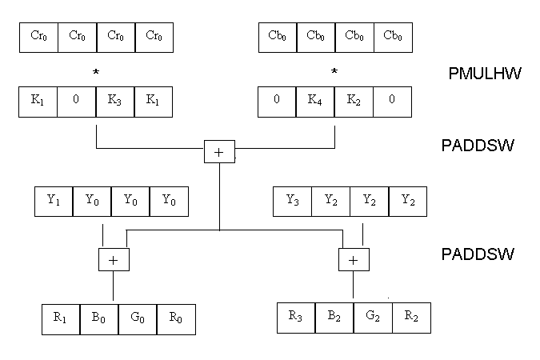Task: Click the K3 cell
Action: point(114,102)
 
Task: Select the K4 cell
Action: point(315,102)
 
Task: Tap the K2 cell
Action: point(354,102)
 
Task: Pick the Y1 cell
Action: point(54,202)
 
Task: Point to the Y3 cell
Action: point(293,202)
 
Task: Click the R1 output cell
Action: point(60,318)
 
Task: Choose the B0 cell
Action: point(98,318)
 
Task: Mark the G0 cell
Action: point(137,318)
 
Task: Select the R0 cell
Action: point(175,318)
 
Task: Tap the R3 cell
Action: point(296,317)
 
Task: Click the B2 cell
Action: point(334,317)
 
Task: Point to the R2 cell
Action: point(411,317)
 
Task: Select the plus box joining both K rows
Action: point(218,150)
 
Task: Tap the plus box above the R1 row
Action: point(113,258)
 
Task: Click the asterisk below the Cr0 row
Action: point(96,73)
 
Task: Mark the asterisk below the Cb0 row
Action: point(334,73)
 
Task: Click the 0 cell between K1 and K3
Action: point(77,102)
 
